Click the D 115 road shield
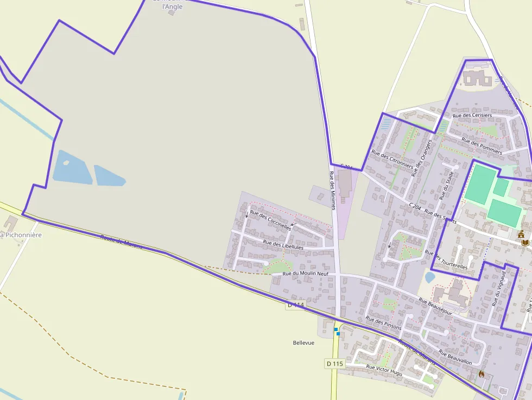tap(335, 363)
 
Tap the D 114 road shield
tap(296, 305)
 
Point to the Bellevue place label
tap(303, 342)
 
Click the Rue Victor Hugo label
tap(384, 370)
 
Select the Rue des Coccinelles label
tap(270, 220)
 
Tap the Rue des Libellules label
tap(283, 245)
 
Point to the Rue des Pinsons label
tap(383, 323)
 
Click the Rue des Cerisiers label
tap(472, 115)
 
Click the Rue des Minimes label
tap(333, 190)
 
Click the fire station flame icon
tap(481, 374)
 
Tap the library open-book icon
tap(525, 243)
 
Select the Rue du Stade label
tap(446, 186)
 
